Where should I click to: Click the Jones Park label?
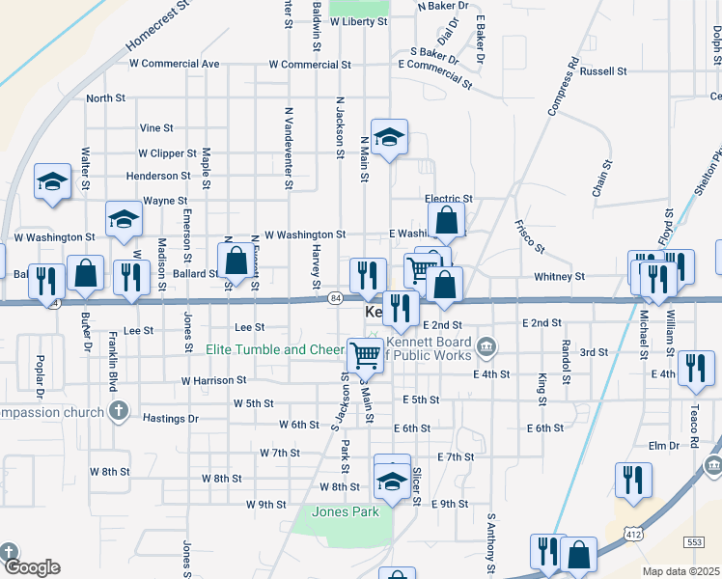coord(345,511)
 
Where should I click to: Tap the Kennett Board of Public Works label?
coord(430,347)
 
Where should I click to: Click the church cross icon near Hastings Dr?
coord(118,412)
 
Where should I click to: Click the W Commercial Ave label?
coord(182,64)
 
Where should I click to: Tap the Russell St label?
coord(604,71)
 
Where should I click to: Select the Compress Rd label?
coord(563,88)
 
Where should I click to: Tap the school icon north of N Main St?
coord(389,138)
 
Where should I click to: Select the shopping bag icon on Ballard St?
coord(236,260)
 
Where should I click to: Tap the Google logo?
coord(31,567)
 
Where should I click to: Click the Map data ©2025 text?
coord(681,571)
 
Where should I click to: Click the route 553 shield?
coord(693,541)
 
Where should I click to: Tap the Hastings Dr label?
coord(170,419)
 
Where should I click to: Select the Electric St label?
coord(449,199)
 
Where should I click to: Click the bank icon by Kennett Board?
coord(486,345)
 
